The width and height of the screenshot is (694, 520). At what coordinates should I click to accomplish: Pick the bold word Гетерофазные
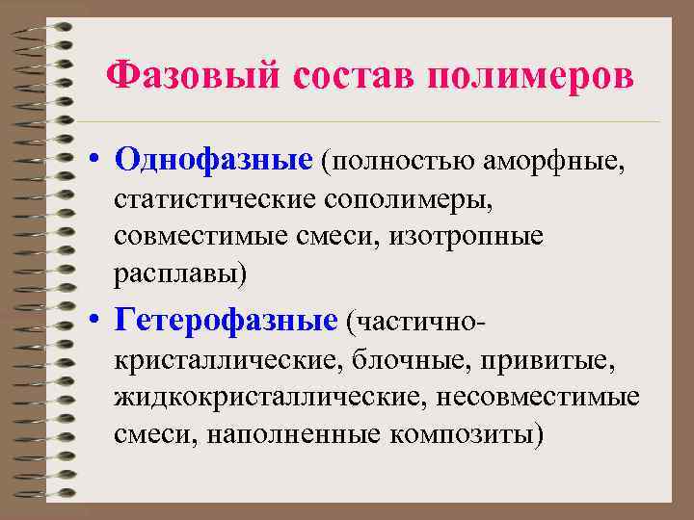227,318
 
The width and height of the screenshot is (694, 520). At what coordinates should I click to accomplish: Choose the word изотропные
467,236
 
